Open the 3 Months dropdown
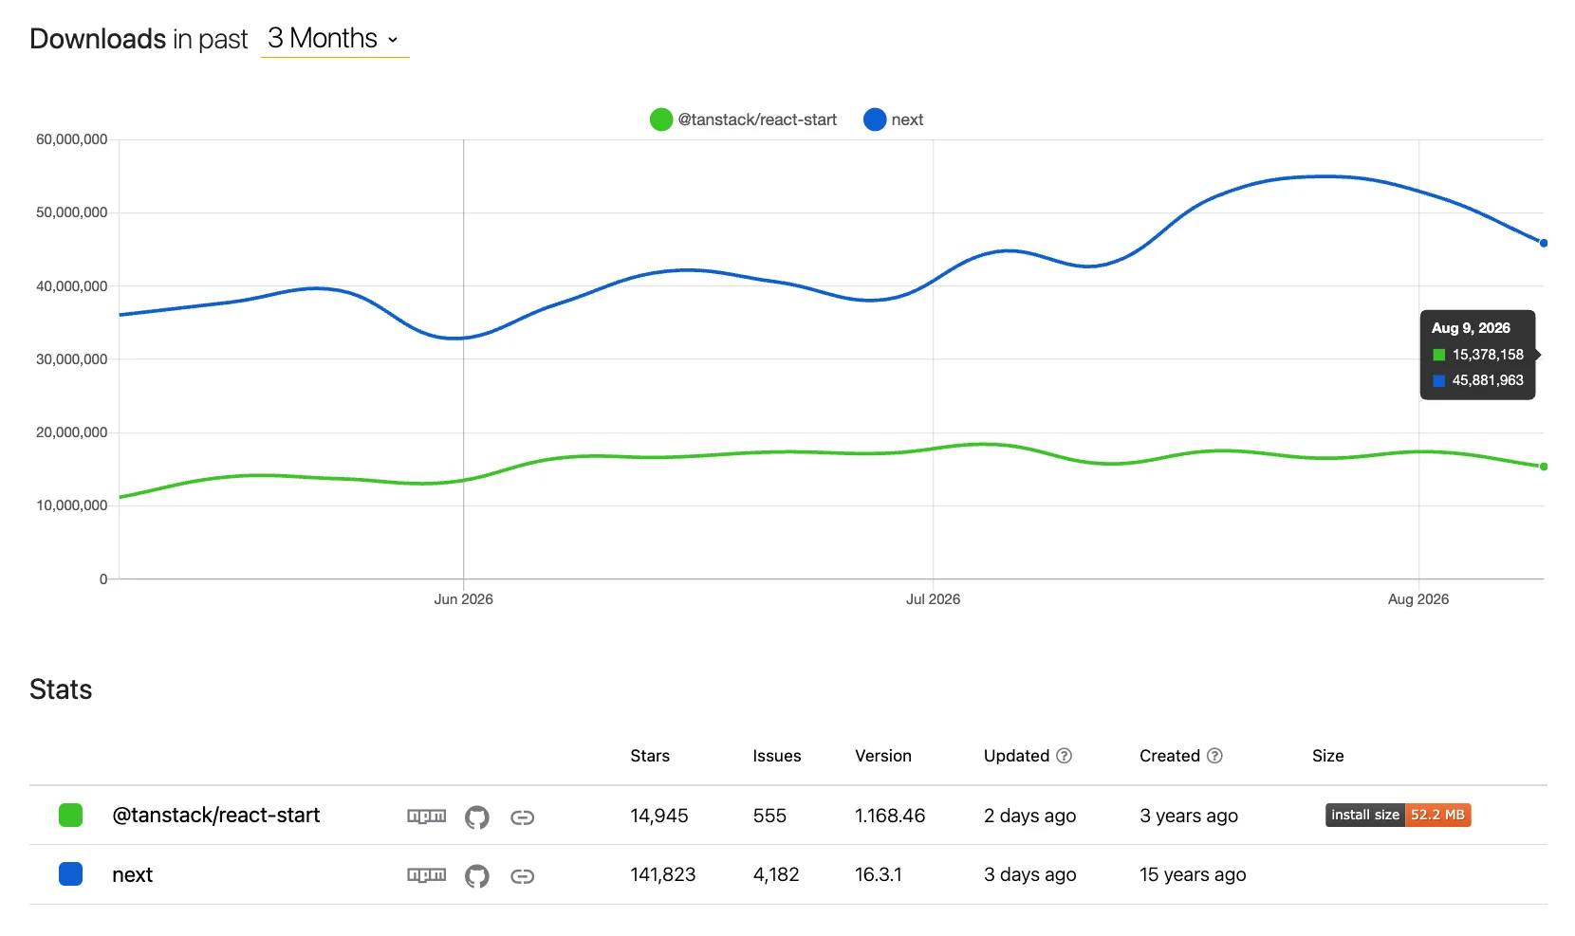pos(334,39)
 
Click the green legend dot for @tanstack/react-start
pos(661,119)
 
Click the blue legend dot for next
pos(875,119)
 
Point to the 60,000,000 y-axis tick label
pos(72,139)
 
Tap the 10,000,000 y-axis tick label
pos(72,505)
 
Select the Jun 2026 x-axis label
pos(463,598)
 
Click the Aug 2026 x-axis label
pos(1418,598)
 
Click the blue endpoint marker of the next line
pos(1544,243)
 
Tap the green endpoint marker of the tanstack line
pos(1544,467)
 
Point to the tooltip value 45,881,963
pos(1488,380)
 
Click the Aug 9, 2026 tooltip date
pos(1471,327)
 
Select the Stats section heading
pos(61,689)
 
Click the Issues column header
pos(777,756)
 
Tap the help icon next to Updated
pos(1064,756)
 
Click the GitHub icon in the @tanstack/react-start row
pos(476,817)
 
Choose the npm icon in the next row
pos(426,875)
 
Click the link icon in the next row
pos(523,876)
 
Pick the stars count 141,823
pos(662,874)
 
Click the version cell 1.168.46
pos(890,816)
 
